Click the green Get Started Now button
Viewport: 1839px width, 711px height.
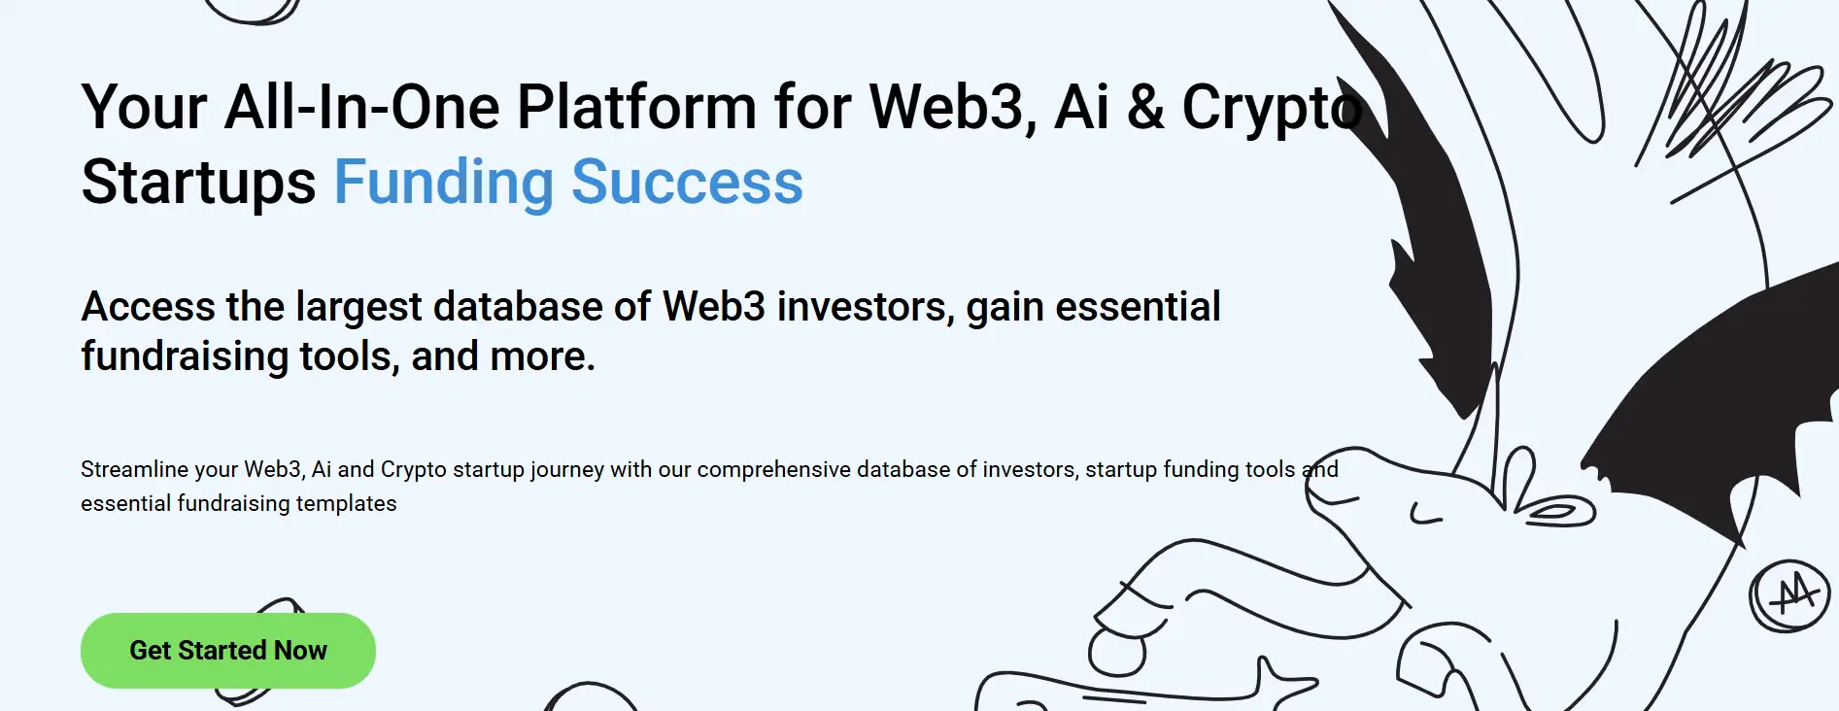[228, 651]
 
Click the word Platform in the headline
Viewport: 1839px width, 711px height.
[636, 106]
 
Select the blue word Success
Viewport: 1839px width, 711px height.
[688, 183]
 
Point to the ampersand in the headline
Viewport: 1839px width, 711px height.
[1146, 107]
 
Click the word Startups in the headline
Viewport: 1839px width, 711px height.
[199, 184]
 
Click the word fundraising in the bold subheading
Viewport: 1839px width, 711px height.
[185, 357]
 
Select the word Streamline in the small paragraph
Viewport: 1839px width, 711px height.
[135, 469]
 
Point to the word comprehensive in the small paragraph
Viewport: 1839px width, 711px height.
[773, 470]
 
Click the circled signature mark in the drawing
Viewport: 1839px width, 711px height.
[1788, 595]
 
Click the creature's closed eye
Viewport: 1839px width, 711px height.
[1425, 515]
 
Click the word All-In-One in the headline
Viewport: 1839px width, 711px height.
[362, 107]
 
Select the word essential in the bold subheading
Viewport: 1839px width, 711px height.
[1138, 307]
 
